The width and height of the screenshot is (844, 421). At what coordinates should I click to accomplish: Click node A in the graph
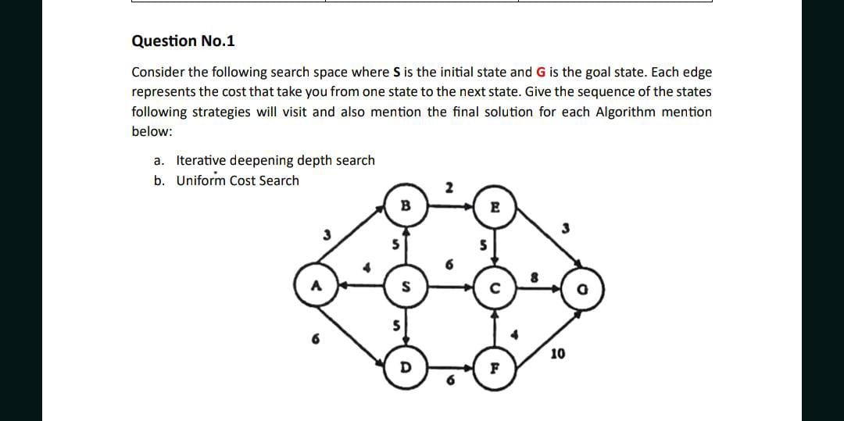(315, 286)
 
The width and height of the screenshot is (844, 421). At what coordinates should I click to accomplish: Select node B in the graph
(405, 207)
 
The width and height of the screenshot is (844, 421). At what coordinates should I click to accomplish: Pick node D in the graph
(405, 366)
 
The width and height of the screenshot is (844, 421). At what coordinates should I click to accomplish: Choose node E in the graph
(493, 207)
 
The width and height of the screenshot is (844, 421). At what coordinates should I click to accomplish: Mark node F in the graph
(493, 366)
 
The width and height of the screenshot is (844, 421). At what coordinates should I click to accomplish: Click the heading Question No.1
(183, 41)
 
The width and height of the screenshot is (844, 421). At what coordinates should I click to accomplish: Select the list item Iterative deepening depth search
(275, 160)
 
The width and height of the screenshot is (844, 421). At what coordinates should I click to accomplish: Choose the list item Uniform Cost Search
(238, 180)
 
